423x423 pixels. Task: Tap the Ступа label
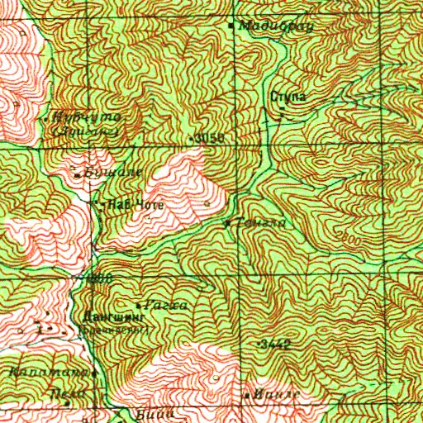(x=288, y=97)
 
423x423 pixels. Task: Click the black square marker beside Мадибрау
(x=231, y=25)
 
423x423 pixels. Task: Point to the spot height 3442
(x=275, y=342)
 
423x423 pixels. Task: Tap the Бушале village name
(x=113, y=172)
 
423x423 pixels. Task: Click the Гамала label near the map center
(x=250, y=223)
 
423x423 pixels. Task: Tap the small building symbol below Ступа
(x=280, y=115)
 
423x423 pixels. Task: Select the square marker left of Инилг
(x=247, y=397)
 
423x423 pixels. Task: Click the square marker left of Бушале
(x=77, y=175)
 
